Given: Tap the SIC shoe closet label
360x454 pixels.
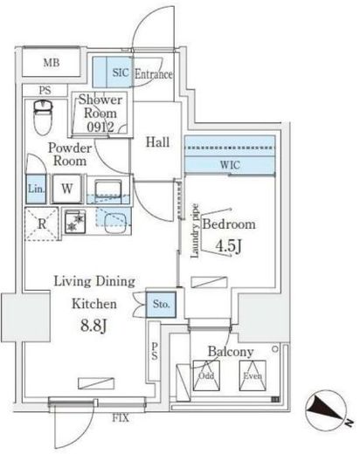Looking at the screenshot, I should click(x=121, y=74).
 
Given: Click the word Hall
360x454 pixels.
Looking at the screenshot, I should click(x=157, y=142).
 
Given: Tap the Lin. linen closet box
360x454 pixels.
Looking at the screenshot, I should click(x=35, y=188).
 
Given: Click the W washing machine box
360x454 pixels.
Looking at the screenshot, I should click(x=66, y=187).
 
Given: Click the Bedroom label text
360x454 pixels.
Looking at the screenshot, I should click(x=229, y=224).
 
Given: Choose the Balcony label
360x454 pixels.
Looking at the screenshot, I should click(x=231, y=352).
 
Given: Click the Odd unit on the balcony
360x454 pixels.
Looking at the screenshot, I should click(x=205, y=377).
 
